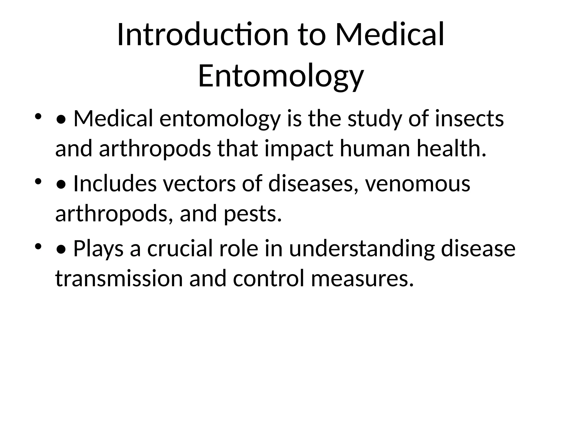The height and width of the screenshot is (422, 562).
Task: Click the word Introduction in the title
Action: (203, 35)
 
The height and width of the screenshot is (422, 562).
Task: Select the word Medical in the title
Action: (389, 35)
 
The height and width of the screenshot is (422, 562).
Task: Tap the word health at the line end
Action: (451, 149)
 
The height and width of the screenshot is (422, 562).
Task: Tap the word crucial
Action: (180, 248)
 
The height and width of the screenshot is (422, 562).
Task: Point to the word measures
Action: (362, 279)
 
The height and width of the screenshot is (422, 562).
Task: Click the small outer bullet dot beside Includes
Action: (38, 182)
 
